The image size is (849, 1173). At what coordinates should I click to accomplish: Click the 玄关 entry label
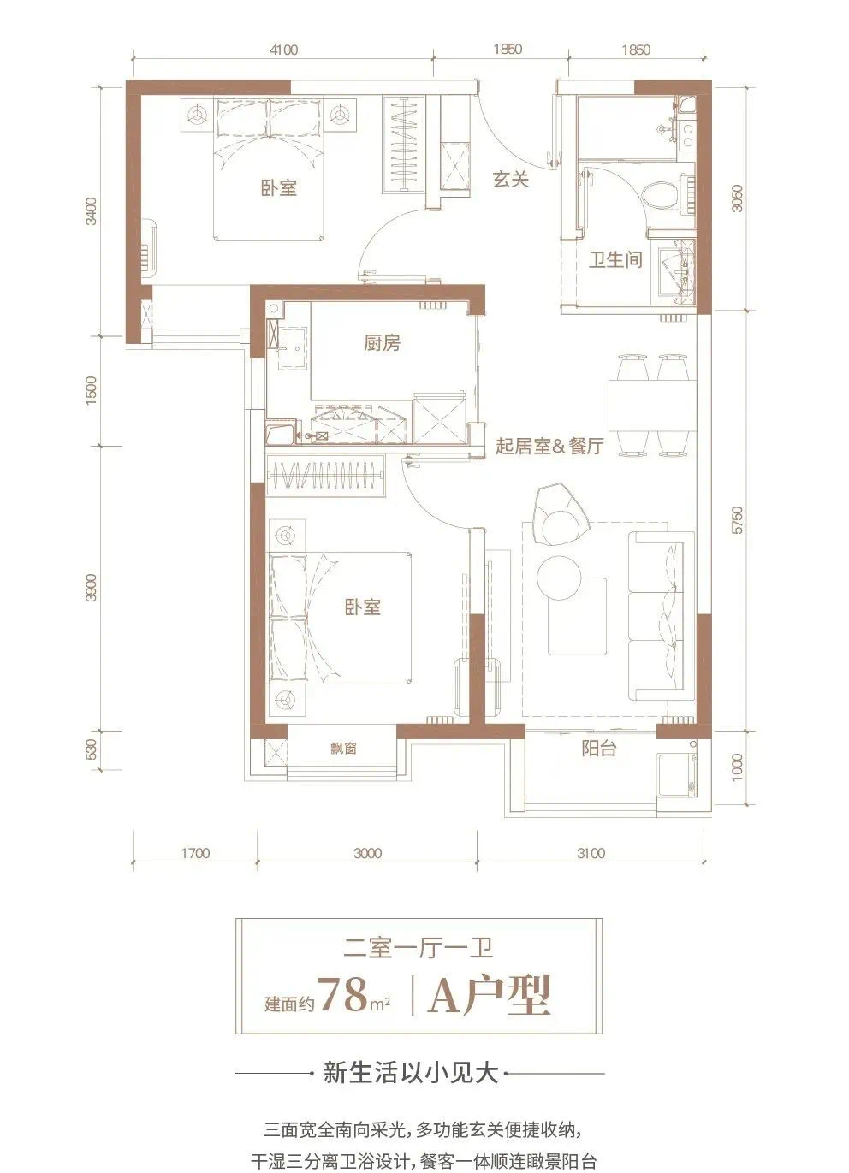click(511, 181)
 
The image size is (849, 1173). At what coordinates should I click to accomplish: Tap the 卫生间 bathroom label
click(615, 260)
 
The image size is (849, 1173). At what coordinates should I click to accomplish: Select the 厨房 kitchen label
click(383, 343)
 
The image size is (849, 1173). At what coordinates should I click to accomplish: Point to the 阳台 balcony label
click(598, 749)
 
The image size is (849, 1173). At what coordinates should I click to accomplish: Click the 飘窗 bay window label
click(343, 749)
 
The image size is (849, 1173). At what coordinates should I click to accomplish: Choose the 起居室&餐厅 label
click(550, 446)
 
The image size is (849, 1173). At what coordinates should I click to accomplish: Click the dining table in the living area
click(653, 405)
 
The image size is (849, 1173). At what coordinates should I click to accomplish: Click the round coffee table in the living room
click(558, 577)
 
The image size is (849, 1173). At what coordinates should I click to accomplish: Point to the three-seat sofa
click(662, 616)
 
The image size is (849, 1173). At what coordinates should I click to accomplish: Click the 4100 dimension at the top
click(283, 50)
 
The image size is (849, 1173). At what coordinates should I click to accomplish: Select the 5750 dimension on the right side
click(737, 519)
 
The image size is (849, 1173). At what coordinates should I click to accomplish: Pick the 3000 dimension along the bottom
click(368, 854)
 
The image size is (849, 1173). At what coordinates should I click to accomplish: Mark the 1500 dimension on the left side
click(91, 391)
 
